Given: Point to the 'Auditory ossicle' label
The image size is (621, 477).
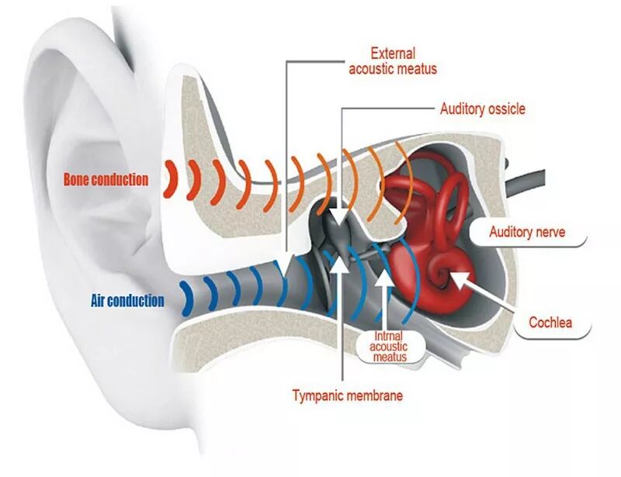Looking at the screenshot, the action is [482, 109].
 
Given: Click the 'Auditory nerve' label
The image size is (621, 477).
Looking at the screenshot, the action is [527, 232].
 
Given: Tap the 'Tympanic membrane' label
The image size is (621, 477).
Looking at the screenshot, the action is [347, 396].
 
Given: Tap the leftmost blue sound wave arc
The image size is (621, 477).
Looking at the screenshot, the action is [186, 299].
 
